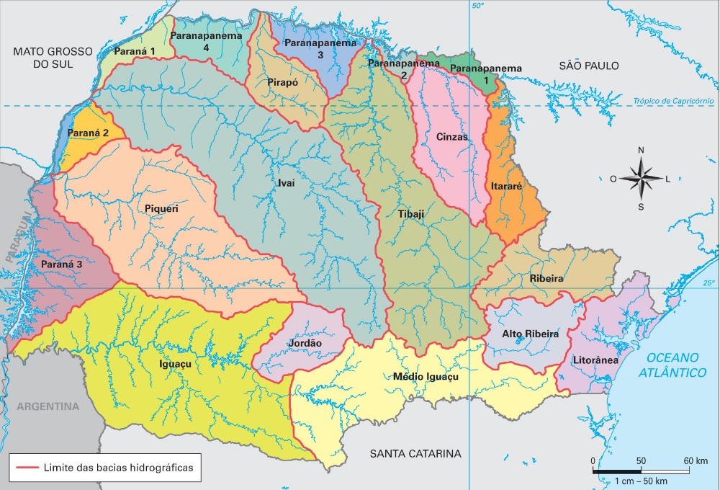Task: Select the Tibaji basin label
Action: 411,215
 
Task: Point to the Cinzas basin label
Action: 452,137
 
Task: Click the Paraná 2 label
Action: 88,133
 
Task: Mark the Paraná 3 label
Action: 61,264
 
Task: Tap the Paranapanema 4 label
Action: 206,40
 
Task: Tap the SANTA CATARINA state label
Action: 415,454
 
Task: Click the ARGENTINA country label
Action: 48,406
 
